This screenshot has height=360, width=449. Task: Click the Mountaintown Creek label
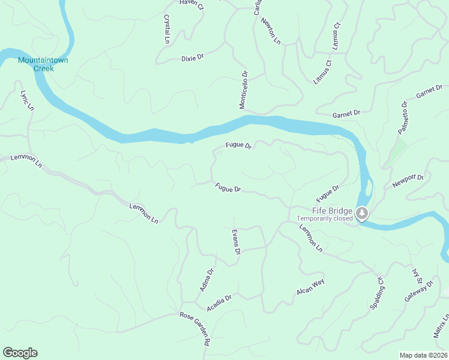tap(35, 64)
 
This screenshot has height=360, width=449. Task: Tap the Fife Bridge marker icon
tap(362, 213)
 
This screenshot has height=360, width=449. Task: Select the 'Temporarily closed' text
tap(325, 218)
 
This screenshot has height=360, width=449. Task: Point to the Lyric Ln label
tap(26, 100)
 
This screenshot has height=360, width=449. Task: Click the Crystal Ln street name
tap(167, 29)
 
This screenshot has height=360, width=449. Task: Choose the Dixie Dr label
tap(193, 58)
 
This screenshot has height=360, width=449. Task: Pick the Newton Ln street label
tap(270, 31)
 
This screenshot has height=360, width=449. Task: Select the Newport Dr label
tap(408, 182)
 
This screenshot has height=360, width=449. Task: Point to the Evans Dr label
tap(236, 242)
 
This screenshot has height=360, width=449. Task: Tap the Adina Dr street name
tap(206, 280)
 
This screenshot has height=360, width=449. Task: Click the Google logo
tap(20, 353)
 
